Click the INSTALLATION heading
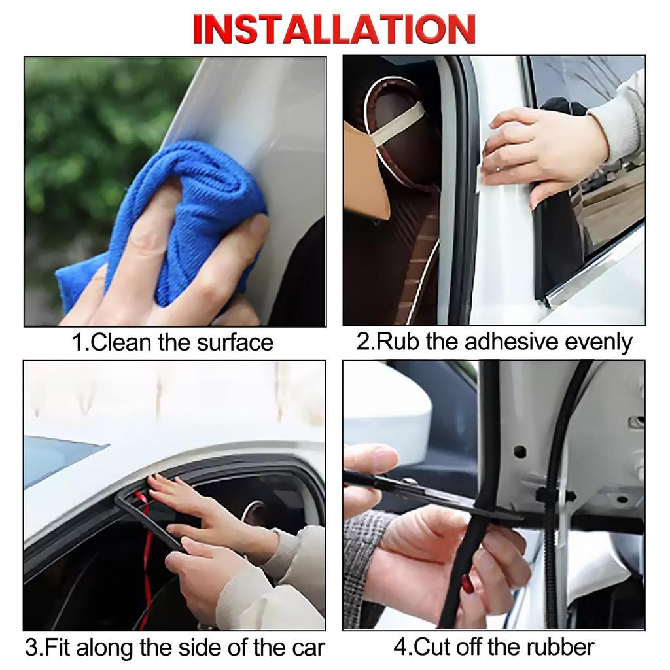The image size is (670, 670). (x=334, y=28)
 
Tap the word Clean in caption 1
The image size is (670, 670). (x=122, y=342)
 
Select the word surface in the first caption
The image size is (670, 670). (x=230, y=342)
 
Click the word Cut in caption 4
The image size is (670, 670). (x=432, y=647)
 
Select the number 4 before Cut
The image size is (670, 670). (x=400, y=647)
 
